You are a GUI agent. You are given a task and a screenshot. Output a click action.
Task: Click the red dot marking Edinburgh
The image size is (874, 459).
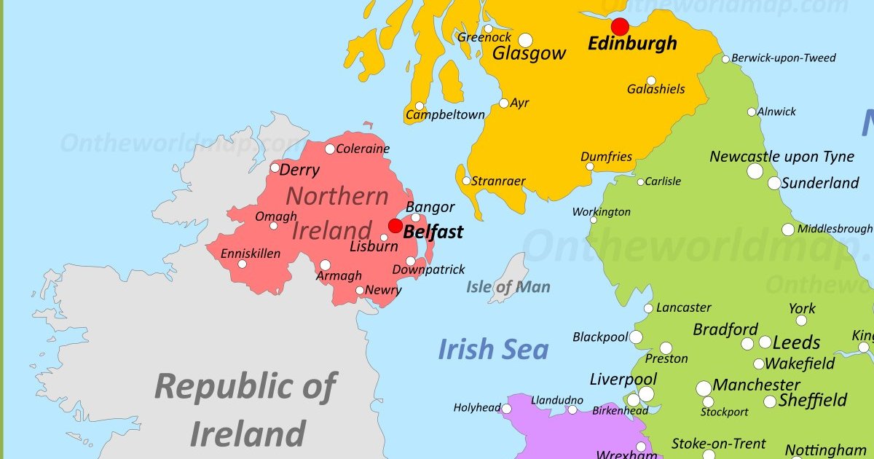click(x=620, y=27)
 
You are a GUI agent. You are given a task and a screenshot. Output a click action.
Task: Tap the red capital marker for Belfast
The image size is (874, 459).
click(x=395, y=226)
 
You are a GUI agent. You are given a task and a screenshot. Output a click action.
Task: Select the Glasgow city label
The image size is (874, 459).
click(x=529, y=53)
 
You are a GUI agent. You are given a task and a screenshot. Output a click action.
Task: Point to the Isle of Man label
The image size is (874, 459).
click(x=508, y=287)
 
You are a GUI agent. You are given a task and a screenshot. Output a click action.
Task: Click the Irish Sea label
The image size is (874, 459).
click(x=492, y=350)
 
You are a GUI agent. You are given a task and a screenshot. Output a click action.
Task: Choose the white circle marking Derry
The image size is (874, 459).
click(x=275, y=168)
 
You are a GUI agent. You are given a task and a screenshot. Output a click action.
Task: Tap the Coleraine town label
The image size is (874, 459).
click(x=363, y=149)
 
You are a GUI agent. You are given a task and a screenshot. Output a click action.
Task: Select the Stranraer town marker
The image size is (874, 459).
click(x=466, y=181)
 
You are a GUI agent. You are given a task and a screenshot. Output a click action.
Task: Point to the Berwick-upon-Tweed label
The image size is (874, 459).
click(x=783, y=58)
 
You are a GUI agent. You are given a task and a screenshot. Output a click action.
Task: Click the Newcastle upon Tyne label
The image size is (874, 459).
click(x=782, y=157)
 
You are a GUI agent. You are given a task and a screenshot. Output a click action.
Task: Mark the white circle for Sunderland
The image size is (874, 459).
click(x=773, y=183)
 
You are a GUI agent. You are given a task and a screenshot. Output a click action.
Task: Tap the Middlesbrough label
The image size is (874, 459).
click(x=835, y=229)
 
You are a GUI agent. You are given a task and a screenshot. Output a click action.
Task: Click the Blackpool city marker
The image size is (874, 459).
click(x=636, y=337)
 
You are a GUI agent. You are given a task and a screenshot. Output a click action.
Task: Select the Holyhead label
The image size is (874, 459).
click(x=477, y=408)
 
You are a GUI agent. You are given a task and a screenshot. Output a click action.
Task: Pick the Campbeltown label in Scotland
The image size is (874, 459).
click(x=445, y=115)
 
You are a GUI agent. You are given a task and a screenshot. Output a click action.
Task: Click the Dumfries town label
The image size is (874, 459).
click(x=606, y=157)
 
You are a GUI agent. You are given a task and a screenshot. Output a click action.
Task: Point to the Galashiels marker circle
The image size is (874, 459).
click(x=651, y=81)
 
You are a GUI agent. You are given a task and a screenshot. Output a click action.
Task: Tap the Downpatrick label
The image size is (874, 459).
click(x=428, y=270)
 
